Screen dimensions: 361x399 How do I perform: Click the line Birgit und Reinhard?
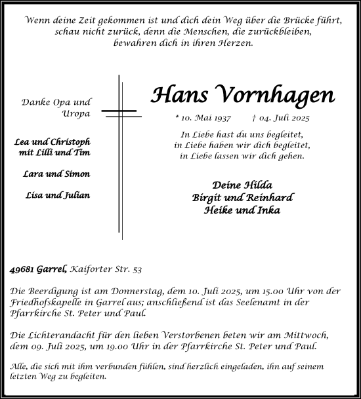click(242, 198)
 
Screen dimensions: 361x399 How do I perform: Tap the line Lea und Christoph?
click(53, 142)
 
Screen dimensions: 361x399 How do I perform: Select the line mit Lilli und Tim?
click(55, 153)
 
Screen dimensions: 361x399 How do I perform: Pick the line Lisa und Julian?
click(58, 195)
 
